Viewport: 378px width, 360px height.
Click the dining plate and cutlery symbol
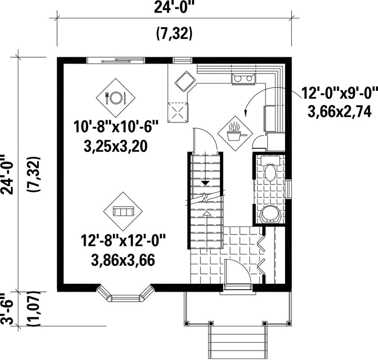[x=115, y=98]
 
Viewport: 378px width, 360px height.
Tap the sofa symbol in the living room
[x=123, y=212]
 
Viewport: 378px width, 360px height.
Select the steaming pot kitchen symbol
[x=235, y=133]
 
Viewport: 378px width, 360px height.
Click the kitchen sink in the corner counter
[x=185, y=81]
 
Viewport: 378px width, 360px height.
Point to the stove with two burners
[x=244, y=79]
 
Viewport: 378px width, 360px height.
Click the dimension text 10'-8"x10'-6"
[x=116, y=127]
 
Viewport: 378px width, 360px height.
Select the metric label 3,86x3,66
[x=123, y=260]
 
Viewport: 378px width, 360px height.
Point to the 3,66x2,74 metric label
[x=340, y=112]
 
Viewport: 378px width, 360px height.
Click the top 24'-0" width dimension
[x=174, y=7]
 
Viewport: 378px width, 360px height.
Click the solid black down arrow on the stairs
[x=205, y=183]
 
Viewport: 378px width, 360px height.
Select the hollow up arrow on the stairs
[x=207, y=213]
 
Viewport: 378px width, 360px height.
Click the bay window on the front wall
[x=125, y=293]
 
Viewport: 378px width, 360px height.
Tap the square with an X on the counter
[x=178, y=112]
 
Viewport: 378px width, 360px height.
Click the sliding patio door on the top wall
[x=115, y=60]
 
